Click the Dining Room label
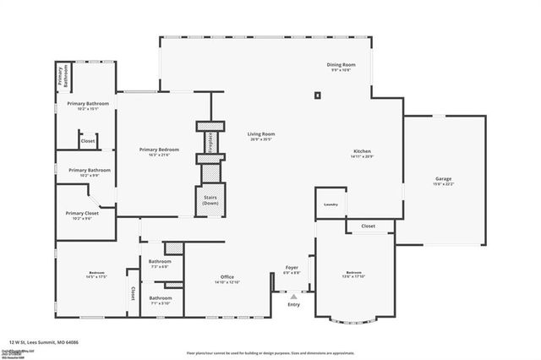pos(342,65)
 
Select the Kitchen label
pos(363,152)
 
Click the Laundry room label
pos(331,205)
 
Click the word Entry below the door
pos(293,304)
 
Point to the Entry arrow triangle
pos(293,297)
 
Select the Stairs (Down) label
pos(210,201)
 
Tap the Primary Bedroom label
pos(159,150)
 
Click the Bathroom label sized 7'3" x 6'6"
pos(161,262)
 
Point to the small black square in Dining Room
pos(318,95)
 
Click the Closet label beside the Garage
pos(368,226)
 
